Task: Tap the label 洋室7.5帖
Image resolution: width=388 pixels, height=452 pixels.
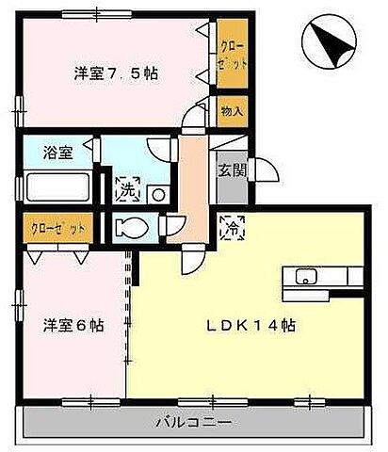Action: click(x=117, y=73)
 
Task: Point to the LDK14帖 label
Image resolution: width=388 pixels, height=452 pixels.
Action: click(x=252, y=325)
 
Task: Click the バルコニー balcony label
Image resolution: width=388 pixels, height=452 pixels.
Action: click(x=193, y=421)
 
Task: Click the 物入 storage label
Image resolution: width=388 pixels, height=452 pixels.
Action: click(x=233, y=111)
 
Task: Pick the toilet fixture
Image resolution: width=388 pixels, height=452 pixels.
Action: click(x=131, y=226)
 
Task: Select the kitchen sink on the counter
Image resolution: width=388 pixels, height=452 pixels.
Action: click(x=307, y=276)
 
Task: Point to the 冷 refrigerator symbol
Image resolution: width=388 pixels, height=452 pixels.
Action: click(x=230, y=225)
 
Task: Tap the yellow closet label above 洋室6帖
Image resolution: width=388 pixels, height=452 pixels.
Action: click(x=57, y=228)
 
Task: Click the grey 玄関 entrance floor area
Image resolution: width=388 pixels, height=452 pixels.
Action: click(x=231, y=186)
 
